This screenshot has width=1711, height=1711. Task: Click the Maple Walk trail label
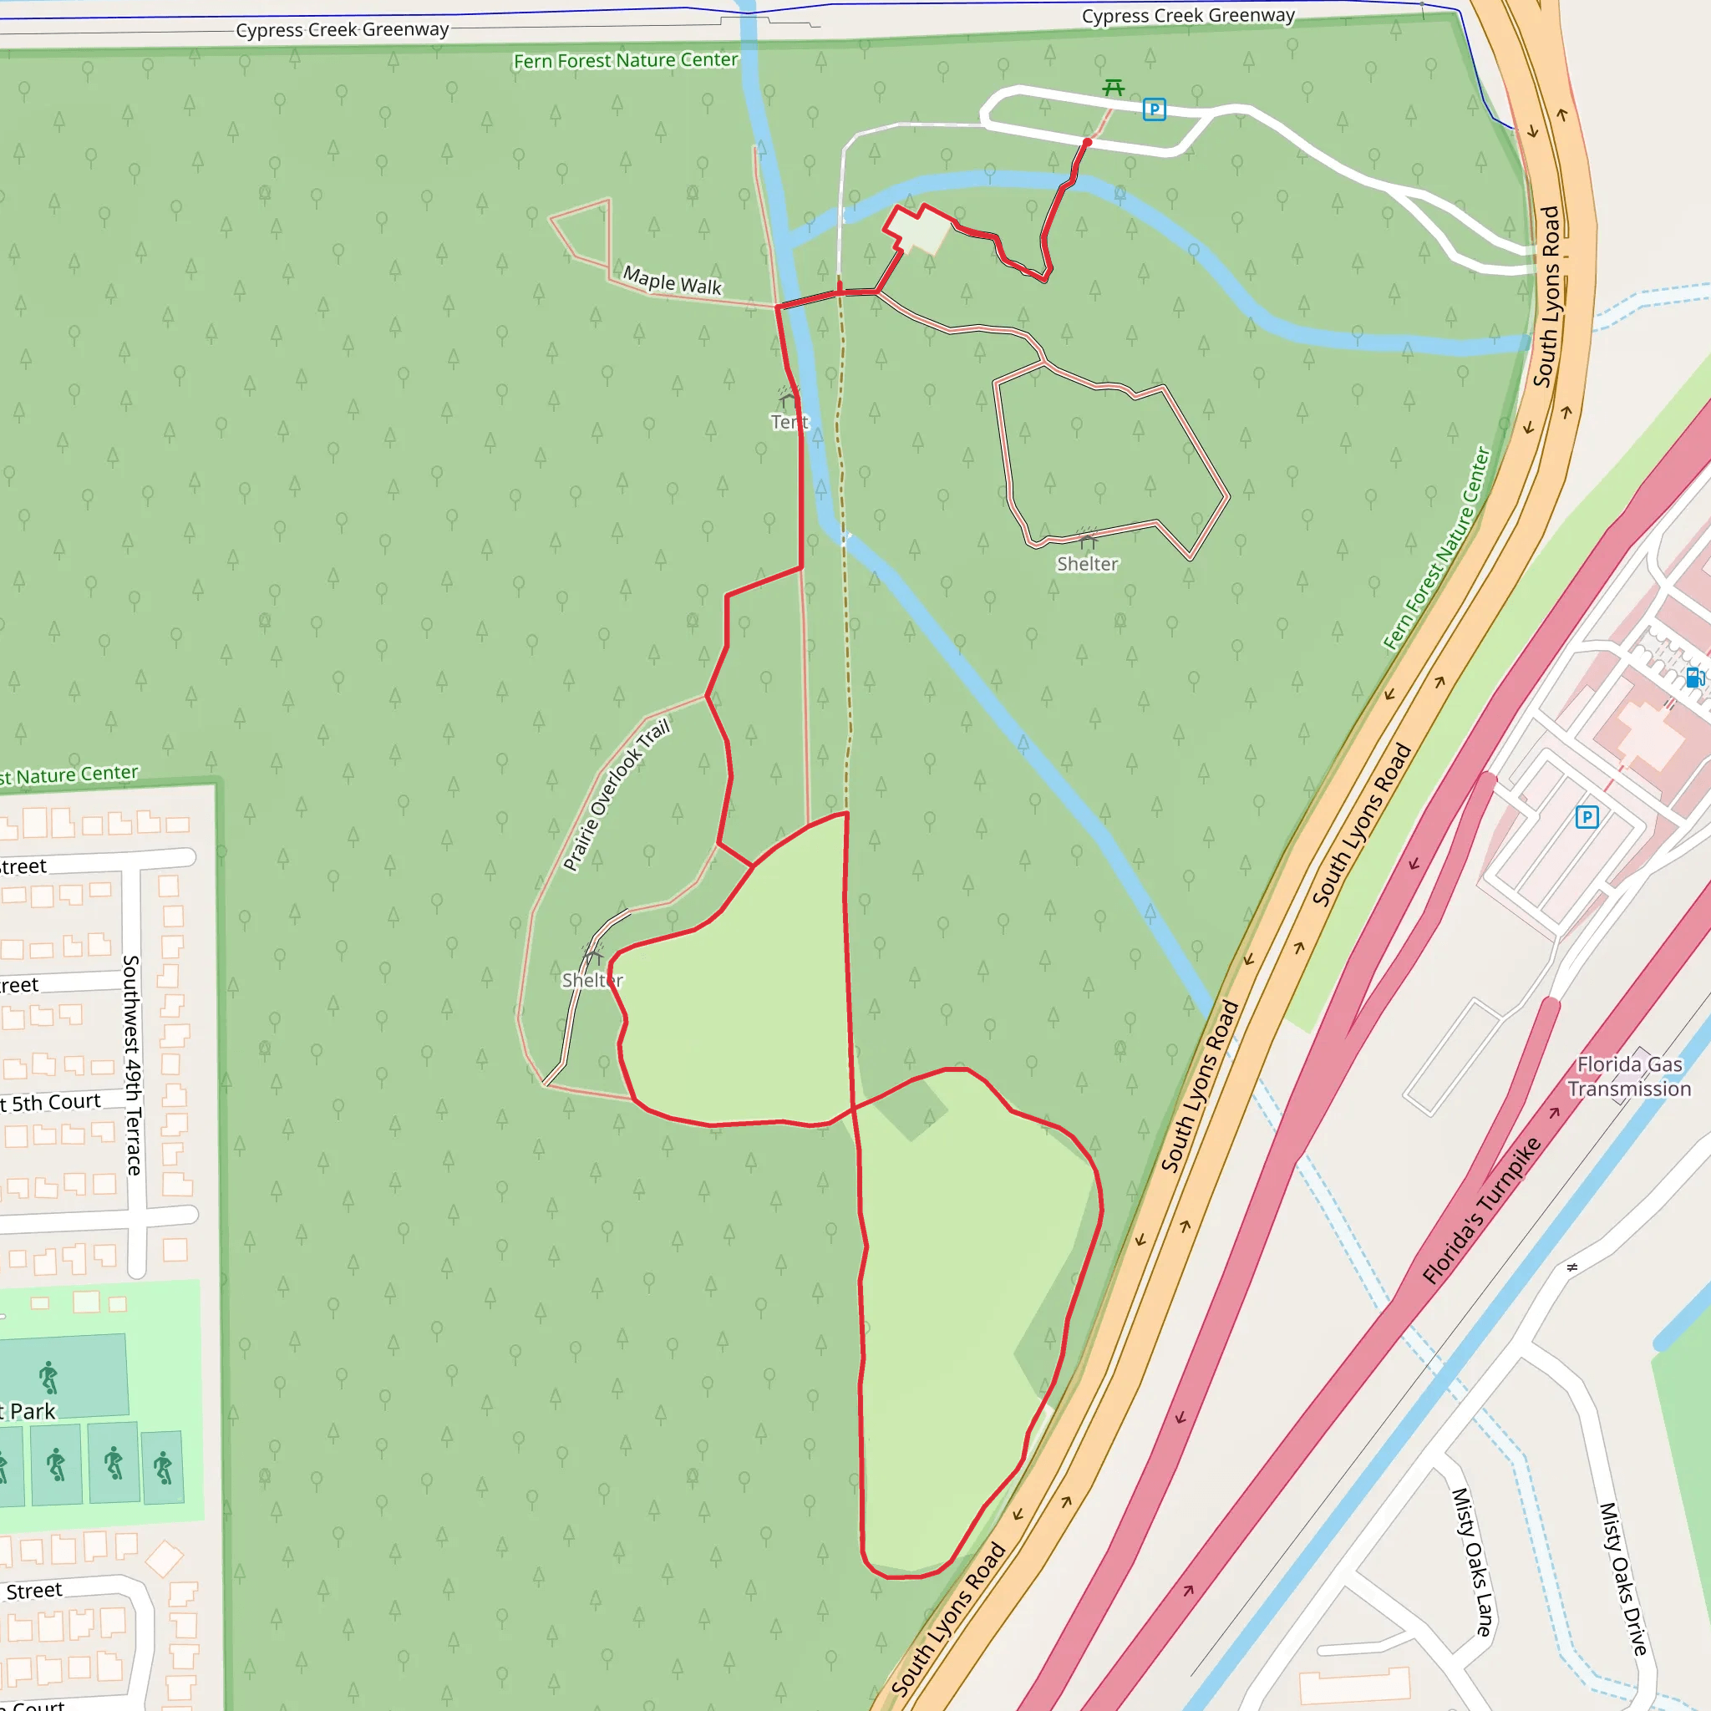point(673,282)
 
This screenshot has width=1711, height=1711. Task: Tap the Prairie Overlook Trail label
point(617,795)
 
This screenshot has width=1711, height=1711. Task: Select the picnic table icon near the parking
point(1113,88)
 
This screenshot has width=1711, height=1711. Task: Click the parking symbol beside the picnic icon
point(1154,109)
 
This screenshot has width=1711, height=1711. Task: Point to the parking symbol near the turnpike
point(1587,816)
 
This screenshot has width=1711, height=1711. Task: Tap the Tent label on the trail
point(789,422)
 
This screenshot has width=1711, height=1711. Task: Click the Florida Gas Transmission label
point(1629,1076)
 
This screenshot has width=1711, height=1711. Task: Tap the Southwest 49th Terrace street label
point(132,1064)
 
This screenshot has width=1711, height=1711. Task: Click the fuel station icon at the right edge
point(1694,678)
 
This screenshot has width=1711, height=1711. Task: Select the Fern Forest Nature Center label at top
point(625,60)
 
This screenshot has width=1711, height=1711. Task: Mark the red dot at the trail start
point(1088,142)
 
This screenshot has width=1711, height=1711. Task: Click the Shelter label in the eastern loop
point(1088,564)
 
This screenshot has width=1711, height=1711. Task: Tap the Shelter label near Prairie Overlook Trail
point(592,980)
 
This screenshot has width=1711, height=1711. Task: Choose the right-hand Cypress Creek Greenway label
point(1188,16)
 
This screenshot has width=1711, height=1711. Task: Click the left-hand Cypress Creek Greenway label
point(342,30)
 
